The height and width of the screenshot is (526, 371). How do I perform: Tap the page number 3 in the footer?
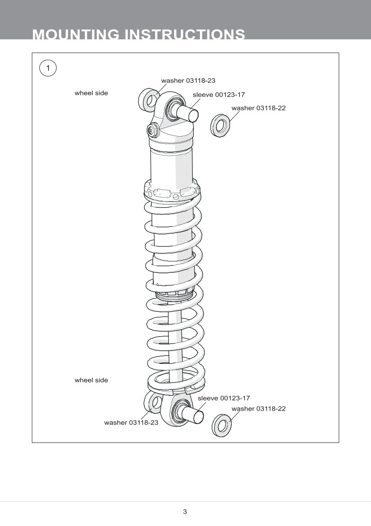point(185,512)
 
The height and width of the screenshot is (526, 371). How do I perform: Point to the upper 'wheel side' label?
point(91,93)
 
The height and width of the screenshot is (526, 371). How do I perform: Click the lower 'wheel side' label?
point(91,380)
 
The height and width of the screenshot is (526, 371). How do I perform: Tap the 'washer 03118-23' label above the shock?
point(188,80)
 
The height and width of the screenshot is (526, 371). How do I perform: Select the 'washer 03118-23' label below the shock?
point(131,423)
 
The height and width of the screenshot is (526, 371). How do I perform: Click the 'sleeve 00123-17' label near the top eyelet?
point(218,95)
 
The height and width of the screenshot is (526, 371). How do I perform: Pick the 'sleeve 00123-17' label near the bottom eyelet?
point(223,398)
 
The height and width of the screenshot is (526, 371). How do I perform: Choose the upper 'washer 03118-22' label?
point(258,108)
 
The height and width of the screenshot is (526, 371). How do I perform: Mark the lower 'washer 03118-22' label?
point(258,409)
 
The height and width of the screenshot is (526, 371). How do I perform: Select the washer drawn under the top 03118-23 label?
point(149,100)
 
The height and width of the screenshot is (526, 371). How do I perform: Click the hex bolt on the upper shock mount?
point(151,130)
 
